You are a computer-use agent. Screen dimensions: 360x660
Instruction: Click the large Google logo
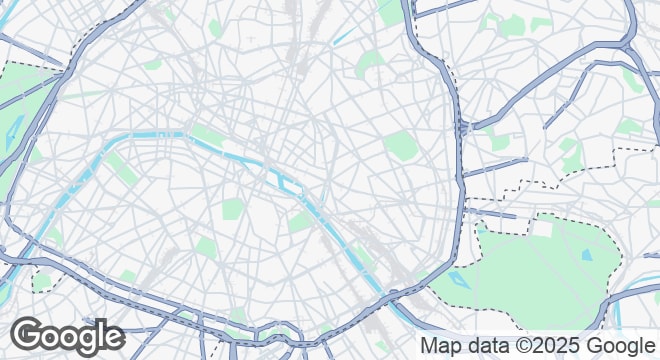tap(67, 336)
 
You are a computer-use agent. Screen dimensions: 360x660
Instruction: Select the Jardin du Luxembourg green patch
tap(232, 209)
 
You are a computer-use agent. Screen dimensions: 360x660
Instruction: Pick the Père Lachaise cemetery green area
tap(400, 144)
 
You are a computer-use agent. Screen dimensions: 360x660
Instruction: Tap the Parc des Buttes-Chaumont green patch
tap(371, 64)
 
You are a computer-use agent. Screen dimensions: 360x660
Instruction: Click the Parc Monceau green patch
tap(153, 64)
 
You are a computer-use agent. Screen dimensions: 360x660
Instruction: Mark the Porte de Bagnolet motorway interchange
tap(463, 128)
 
